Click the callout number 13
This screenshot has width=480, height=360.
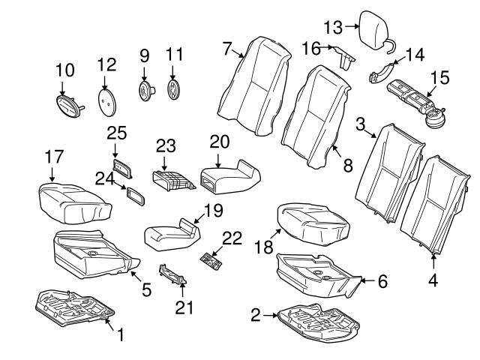[331, 28]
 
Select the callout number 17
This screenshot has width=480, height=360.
[52, 157]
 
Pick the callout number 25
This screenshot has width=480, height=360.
[115, 133]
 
